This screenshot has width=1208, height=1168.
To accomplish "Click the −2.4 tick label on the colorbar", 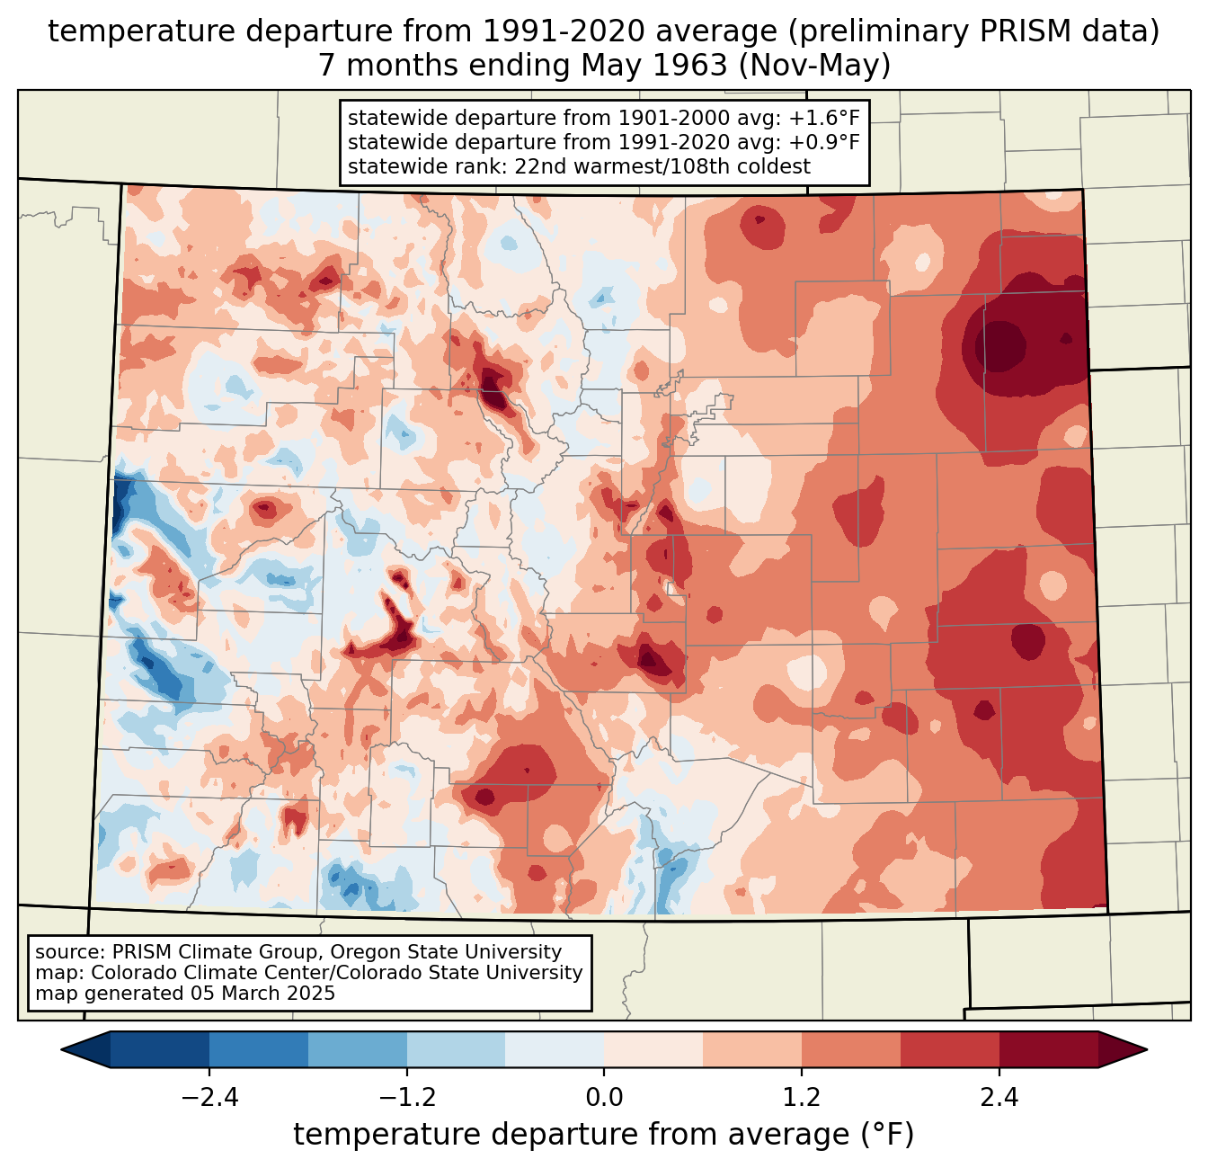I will (209, 1098).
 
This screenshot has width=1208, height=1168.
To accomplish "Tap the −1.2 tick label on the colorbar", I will (406, 1098).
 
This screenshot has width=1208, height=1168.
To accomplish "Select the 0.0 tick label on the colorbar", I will (604, 1098).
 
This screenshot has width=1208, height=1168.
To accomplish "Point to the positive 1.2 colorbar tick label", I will (802, 1098).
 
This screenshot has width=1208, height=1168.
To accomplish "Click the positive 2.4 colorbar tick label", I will (999, 1098).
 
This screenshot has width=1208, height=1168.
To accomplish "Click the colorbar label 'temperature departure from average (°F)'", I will (604, 1135).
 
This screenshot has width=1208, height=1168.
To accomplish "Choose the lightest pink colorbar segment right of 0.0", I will (653, 1049).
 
